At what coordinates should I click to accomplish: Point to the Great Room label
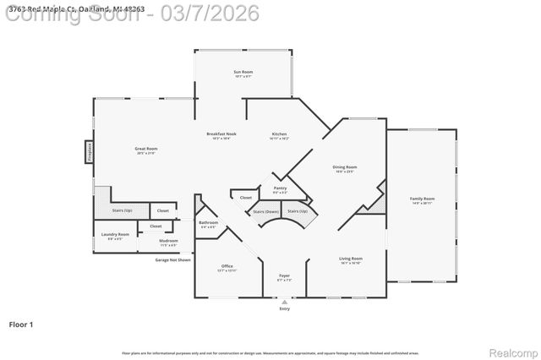(x=146, y=150)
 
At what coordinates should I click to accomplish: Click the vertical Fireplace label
(x=89, y=151)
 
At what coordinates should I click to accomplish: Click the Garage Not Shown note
(x=172, y=259)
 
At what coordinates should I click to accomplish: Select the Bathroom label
(x=208, y=225)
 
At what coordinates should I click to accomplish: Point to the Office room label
(x=227, y=267)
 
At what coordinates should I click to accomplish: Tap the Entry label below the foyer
(x=284, y=308)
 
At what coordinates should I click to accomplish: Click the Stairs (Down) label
(x=266, y=211)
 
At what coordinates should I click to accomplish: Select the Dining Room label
(x=345, y=169)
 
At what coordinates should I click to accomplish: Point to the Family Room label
(x=422, y=200)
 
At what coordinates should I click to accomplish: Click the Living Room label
(x=351, y=260)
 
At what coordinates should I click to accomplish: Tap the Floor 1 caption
(x=20, y=324)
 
